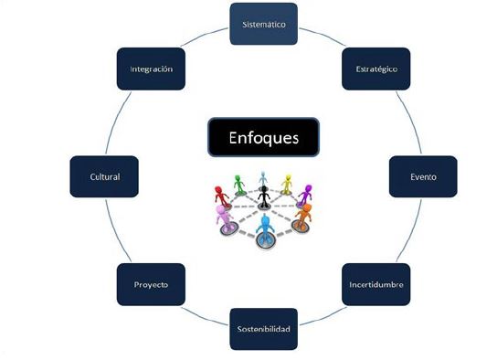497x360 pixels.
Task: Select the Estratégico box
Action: pyautogui.click(x=375, y=69)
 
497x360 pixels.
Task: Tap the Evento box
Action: pyautogui.click(x=423, y=176)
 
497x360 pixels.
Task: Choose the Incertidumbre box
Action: pyautogui.click(x=375, y=284)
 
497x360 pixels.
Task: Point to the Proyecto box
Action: pyautogui.click(x=150, y=284)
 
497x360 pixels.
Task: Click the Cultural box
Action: pyautogui.click(x=105, y=176)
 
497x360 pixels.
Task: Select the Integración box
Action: pyautogui.click(x=152, y=69)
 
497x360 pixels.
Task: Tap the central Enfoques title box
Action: pyautogui.click(x=263, y=138)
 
